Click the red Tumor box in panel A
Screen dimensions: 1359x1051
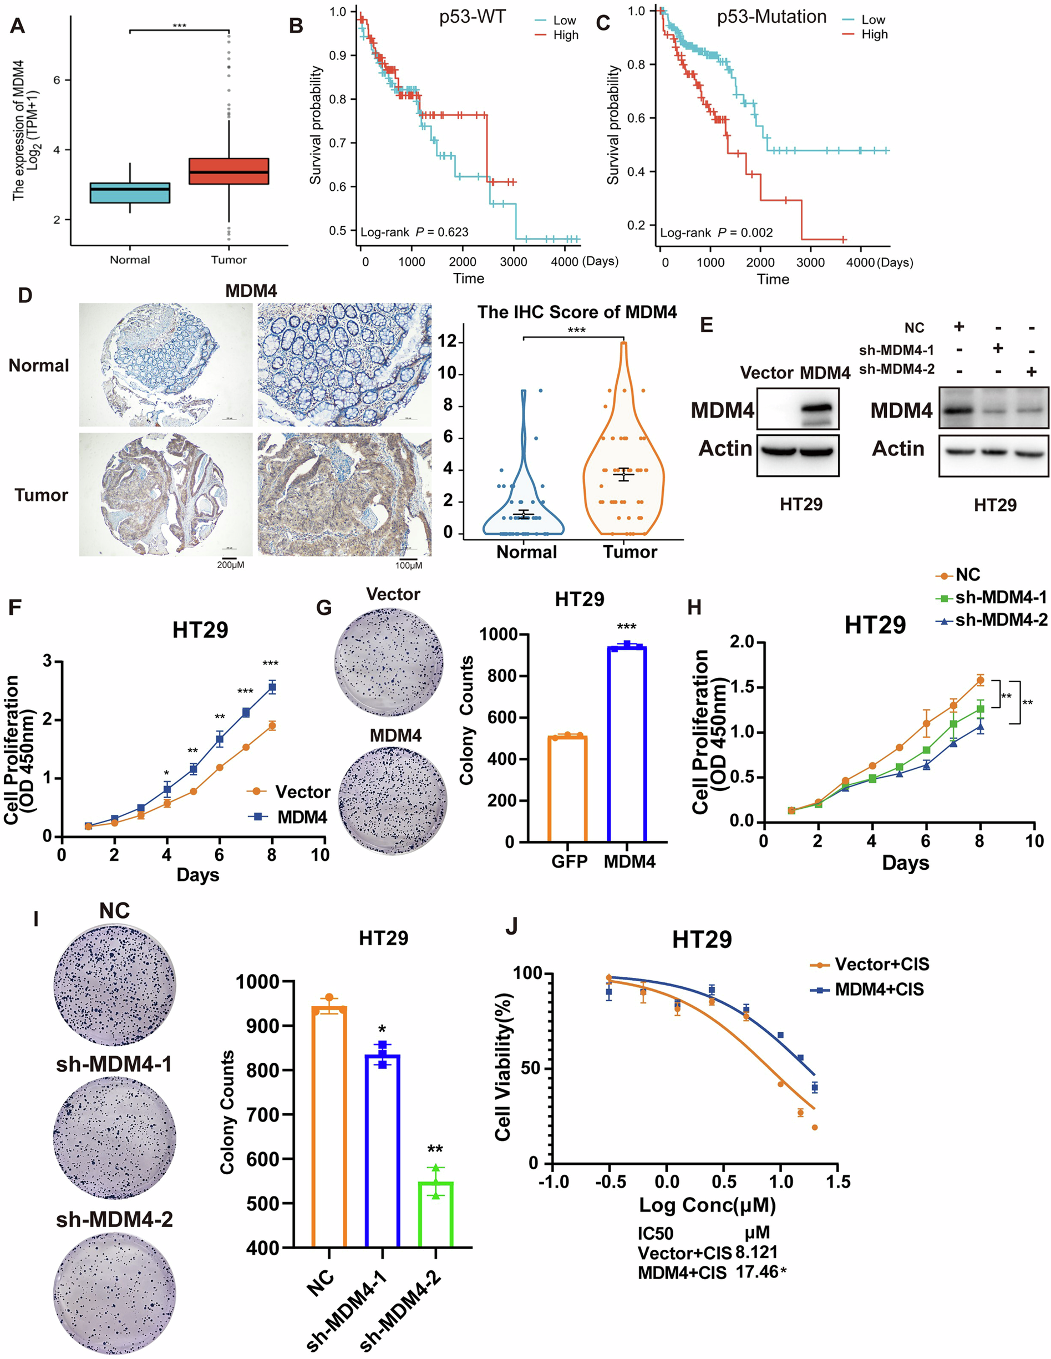229,171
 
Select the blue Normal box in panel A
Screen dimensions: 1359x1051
130,193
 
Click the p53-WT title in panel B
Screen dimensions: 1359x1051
473,17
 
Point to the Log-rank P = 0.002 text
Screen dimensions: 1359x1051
716,233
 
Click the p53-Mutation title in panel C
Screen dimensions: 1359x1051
771,17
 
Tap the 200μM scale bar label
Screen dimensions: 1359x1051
230,565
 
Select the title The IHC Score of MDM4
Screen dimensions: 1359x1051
577,312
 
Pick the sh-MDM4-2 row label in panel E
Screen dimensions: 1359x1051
896,369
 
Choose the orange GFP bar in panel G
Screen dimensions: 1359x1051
567,788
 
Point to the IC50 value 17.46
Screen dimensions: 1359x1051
756,1271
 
